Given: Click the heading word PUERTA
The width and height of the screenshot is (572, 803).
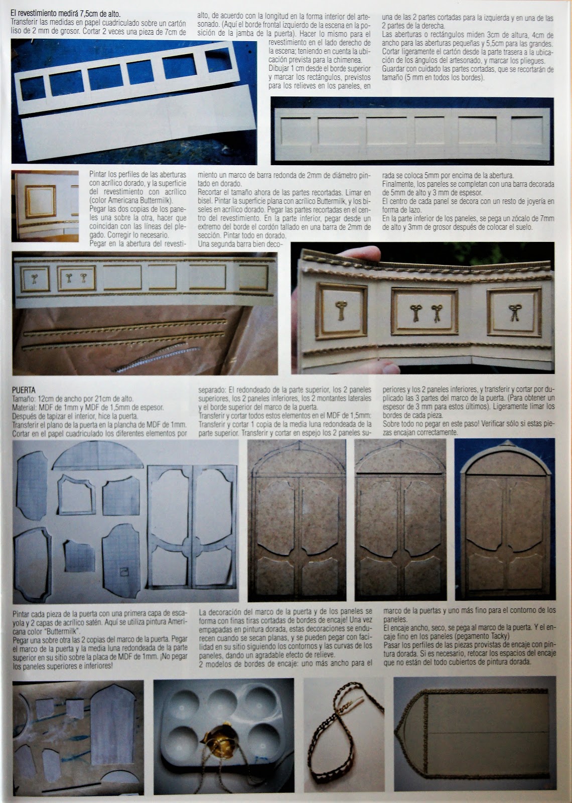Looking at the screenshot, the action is click(24, 390).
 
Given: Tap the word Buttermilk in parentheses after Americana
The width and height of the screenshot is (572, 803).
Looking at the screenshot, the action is click(157, 200).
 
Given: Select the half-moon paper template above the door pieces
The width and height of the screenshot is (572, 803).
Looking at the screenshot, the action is click(98, 456).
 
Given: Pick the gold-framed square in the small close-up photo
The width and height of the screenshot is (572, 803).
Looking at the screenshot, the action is click(40, 202).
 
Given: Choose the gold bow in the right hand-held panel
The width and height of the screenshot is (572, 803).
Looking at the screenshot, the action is click(515, 312).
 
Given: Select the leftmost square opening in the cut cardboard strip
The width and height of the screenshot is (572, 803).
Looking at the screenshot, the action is click(33, 88).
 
